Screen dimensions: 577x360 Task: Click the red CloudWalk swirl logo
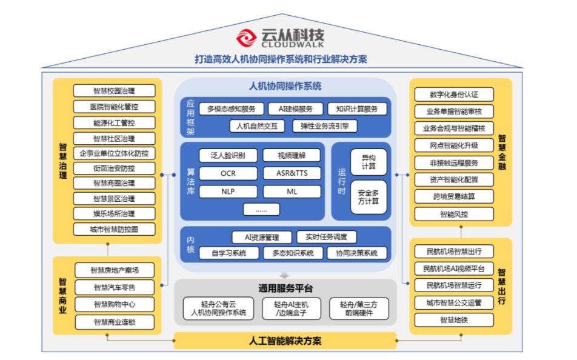246,38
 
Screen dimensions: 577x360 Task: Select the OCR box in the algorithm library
228,173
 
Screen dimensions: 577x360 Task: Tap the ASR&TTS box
292,173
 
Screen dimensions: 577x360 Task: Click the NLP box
228,192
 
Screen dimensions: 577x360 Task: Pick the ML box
292,192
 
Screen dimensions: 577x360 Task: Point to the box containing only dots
261,210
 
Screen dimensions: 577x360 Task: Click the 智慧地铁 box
454,320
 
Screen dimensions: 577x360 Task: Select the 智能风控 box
454,214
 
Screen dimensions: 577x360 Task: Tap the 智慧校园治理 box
114,91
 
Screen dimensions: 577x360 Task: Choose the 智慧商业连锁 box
115,322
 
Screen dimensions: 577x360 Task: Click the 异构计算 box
369,162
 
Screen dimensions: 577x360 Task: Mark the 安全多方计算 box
369,197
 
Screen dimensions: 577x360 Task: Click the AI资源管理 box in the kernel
262,238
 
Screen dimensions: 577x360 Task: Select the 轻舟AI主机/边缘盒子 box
292,309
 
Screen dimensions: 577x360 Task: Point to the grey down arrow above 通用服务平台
284,275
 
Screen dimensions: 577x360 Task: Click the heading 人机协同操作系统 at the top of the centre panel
285,87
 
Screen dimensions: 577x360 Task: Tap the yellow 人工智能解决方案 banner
285,341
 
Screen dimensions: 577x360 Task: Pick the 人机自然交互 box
257,126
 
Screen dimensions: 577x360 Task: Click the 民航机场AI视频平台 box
454,268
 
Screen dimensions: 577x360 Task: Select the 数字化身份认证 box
454,95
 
